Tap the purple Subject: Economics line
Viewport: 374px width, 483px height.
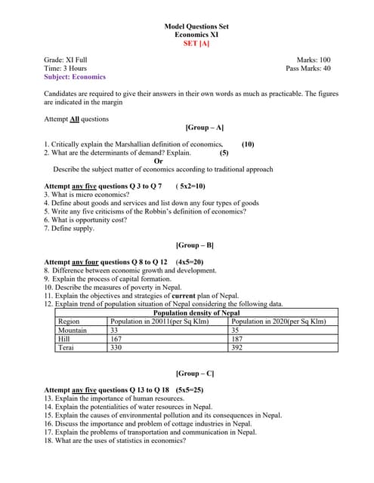tap(75, 76)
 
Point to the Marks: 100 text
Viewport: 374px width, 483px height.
tap(314, 60)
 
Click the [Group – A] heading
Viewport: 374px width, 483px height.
tap(204, 128)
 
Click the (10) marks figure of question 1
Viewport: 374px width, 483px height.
tap(248, 143)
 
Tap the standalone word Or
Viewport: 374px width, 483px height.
tap(158, 161)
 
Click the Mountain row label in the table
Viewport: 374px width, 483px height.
tap(73, 330)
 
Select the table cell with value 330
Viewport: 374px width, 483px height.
tap(116, 348)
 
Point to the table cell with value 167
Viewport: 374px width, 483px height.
tap(116, 339)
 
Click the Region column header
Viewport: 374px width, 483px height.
tap(69, 321)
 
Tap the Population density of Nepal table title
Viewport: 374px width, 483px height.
tap(196, 312)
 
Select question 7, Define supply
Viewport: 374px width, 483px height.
tap(70, 228)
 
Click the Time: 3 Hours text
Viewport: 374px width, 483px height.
tap(66, 68)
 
